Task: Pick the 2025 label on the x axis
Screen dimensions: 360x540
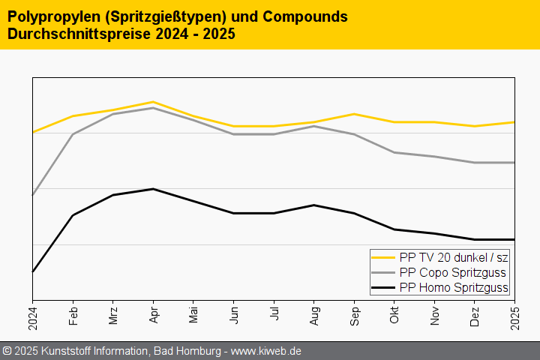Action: [515, 317]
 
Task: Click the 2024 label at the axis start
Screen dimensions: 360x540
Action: [33, 317]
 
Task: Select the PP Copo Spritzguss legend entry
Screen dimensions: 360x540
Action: [452, 272]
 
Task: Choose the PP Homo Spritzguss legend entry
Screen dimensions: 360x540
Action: [454, 287]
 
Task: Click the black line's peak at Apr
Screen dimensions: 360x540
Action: [153, 189]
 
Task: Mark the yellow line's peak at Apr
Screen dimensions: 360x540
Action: [153, 102]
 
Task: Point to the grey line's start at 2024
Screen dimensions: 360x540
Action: [33, 195]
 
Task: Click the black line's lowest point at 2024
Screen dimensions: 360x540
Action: [33, 271]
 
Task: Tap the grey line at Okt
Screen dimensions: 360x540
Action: [394, 152]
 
